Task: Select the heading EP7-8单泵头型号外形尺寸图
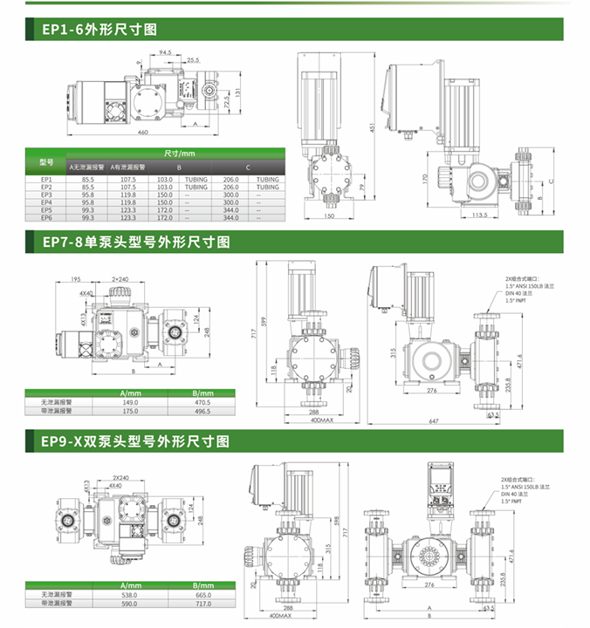pyautogui.click(x=136, y=242)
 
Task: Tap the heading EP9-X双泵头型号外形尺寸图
pyautogui.click(x=136, y=442)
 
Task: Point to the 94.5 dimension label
pyautogui.click(x=165, y=52)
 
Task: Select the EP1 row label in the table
pyautogui.click(x=47, y=180)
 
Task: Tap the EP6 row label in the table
pyautogui.click(x=47, y=217)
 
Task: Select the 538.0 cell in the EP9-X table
pyautogui.click(x=130, y=595)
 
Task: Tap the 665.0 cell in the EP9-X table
pyautogui.click(x=203, y=595)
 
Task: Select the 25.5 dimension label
pyautogui.click(x=192, y=60)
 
